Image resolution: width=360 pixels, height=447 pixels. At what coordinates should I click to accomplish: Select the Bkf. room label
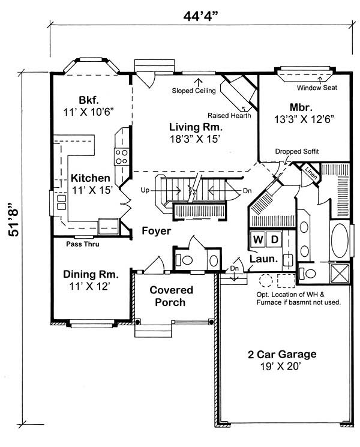[92, 100]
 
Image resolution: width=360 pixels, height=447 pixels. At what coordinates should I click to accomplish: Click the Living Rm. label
[196, 127]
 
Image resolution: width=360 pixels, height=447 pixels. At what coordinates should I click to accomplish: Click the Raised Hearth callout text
[228, 115]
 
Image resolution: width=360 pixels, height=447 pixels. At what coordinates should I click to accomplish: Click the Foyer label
[157, 230]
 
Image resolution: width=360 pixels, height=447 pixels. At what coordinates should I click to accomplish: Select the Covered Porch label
[172, 296]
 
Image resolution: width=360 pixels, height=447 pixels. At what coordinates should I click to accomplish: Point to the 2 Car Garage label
[281, 354]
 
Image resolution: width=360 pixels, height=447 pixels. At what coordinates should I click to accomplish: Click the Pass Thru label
[83, 244]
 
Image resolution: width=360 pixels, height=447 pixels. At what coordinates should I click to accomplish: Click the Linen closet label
[310, 173]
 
